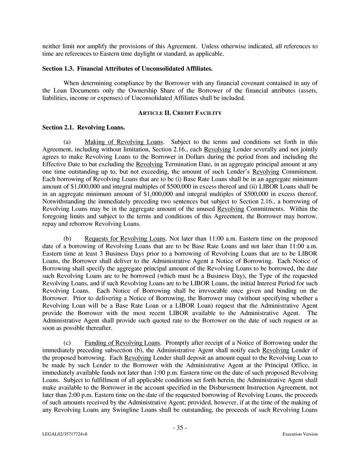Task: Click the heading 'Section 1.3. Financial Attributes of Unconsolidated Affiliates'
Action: point(127,69)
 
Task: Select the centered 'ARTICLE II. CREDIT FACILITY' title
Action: point(180,113)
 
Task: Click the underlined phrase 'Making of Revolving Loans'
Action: point(124,142)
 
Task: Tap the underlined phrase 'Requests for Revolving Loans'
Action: point(125,238)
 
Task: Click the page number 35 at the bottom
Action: point(180,428)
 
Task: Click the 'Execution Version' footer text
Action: point(300,434)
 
